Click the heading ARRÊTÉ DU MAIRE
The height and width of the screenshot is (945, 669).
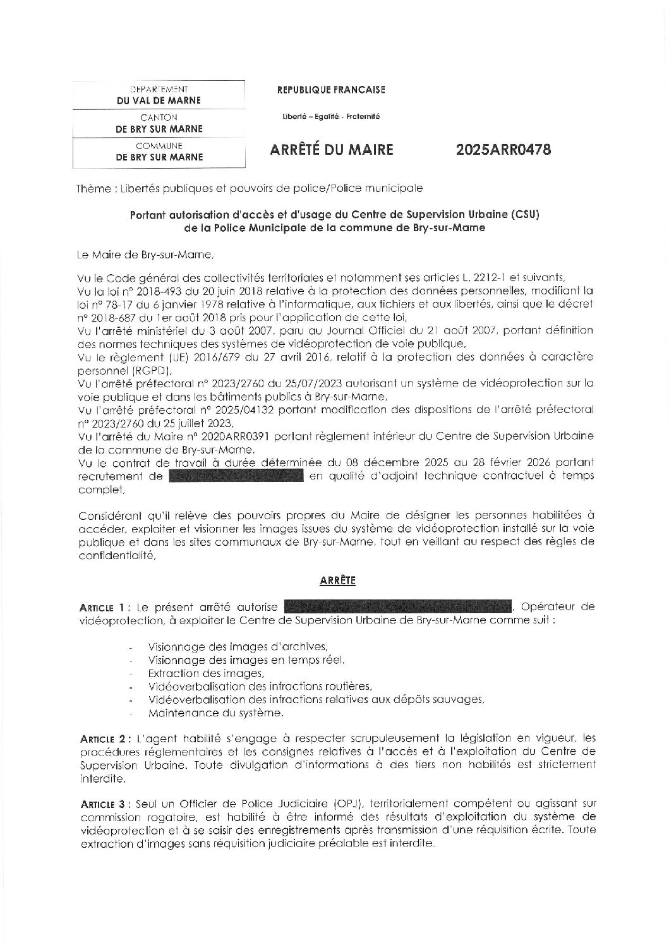(x=331, y=150)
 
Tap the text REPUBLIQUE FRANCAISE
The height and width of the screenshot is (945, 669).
(x=331, y=90)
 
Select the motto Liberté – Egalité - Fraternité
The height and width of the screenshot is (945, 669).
(x=331, y=116)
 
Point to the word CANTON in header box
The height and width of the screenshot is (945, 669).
(x=159, y=117)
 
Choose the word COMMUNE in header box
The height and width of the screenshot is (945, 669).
(x=159, y=146)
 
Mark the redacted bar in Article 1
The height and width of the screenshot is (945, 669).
(x=398, y=607)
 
